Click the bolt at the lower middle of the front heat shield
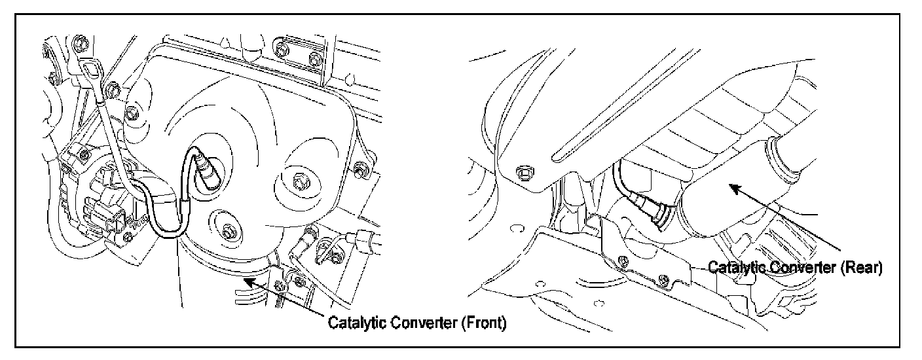(x=227, y=230)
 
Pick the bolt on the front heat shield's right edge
(x=359, y=170)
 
